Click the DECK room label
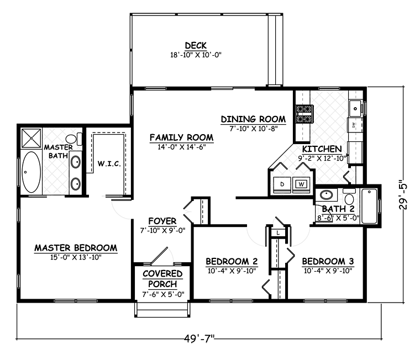(x=196, y=45)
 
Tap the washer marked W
(x=301, y=184)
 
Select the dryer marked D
(x=282, y=184)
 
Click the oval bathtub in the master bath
(x=31, y=172)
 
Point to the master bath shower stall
(x=31, y=138)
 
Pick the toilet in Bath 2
(x=349, y=196)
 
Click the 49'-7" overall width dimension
(x=200, y=338)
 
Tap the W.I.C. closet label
(x=109, y=163)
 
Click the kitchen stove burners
(x=305, y=114)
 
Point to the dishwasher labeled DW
(x=355, y=125)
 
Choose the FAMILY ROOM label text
(x=182, y=137)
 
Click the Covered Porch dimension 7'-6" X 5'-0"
(x=163, y=294)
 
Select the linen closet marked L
(x=278, y=232)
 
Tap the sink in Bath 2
(x=326, y=195)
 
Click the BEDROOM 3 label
(x=328, y=261)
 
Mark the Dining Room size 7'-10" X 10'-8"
(x=254, y=129)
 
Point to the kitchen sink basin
(x=355, y=109)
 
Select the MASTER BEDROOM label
(x=76, y=248)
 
